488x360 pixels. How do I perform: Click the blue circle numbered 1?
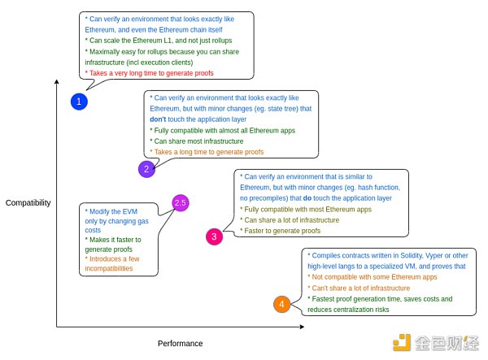(79, 102)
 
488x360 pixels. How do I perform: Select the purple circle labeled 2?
(146, 169)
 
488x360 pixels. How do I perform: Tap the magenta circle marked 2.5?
(181, 202)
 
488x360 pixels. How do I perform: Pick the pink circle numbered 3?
(214, 236)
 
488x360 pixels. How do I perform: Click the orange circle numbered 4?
(281, 305)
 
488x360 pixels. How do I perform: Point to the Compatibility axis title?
(28, 202)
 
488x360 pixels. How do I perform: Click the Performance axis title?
(180, 344)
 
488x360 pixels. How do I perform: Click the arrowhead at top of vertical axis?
(57, 82)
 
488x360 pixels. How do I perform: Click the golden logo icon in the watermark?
(404, 343)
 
